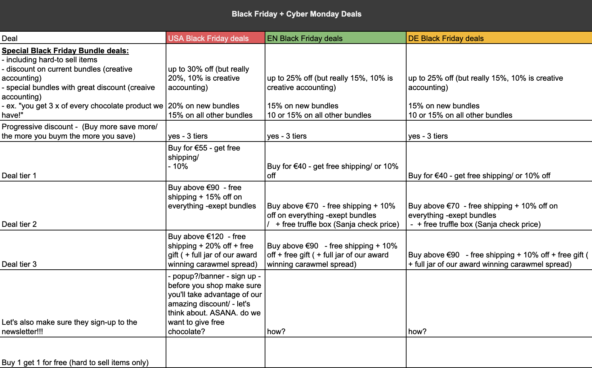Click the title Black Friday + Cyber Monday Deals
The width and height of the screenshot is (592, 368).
tap(296, 14)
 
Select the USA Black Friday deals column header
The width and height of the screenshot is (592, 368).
tap(208, 39)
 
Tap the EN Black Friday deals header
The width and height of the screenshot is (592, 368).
tap(305, 39)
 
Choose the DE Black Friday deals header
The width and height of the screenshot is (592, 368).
tap(446, 39)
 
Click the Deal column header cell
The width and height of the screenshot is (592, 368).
tap(10, 39)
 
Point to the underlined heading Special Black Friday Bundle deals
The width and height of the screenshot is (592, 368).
tap(65, 51)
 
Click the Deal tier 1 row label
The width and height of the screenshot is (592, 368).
tap(19, 176)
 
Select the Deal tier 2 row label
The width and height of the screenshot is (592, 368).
tap(19, 224)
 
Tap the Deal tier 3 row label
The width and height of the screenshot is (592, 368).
tap(19, 264)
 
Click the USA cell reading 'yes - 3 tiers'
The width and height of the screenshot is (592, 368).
tap(188, 136)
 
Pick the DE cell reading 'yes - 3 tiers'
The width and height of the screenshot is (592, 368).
tap(428, 136)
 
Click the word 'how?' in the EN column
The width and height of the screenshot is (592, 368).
tap(276, 332)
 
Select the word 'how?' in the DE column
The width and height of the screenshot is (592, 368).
tap(417, 332)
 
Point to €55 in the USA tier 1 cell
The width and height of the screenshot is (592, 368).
tap(201, 148)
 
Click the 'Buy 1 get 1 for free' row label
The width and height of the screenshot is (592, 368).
tap(75, 363)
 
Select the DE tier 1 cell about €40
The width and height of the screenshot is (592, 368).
tap(479, 176)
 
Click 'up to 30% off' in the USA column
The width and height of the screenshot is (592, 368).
tap(190, 69)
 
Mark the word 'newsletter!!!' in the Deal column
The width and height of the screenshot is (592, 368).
tap(22, 332)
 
